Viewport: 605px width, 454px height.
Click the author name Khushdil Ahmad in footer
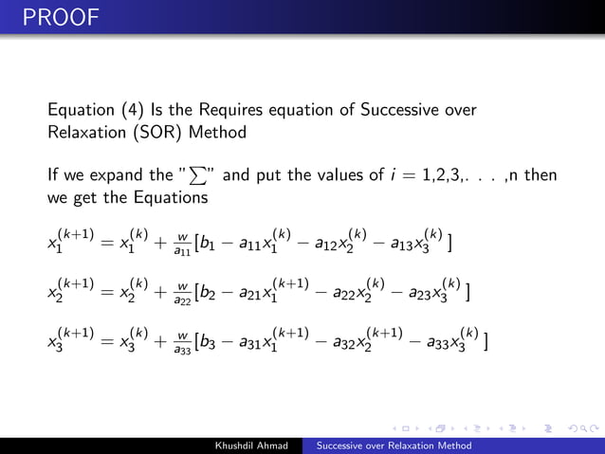click(x=255, y=445)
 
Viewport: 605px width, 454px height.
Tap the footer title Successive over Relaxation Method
click(x=394, y=445)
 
